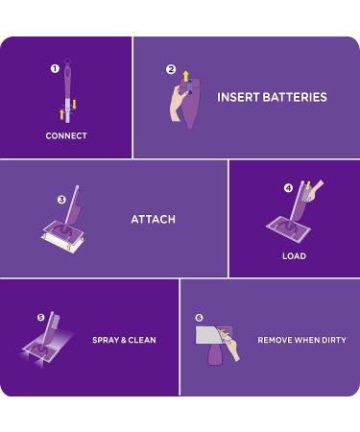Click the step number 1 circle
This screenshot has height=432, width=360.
55,68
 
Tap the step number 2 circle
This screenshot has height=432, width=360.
171,69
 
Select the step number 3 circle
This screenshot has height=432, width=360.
61,200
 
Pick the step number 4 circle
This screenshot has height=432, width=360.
288,188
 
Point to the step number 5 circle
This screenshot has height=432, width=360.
41,317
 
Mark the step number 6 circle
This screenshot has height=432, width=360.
199,317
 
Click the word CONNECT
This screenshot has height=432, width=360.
66,136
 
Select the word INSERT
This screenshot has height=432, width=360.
235,97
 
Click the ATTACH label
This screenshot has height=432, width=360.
153,220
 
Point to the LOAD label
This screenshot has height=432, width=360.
294,256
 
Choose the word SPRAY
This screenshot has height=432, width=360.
106,340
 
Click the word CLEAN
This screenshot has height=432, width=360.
142,340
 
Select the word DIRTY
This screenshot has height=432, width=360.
332,340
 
